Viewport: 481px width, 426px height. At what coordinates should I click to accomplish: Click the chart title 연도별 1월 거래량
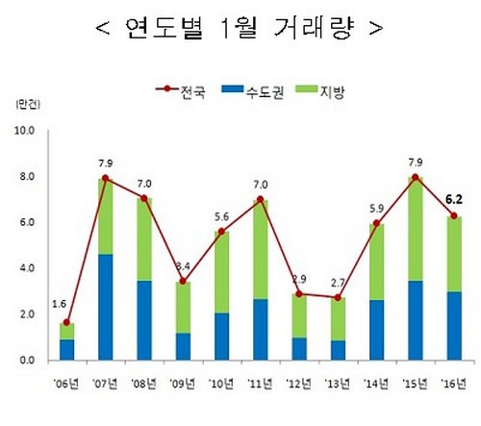click(x=240, y=27)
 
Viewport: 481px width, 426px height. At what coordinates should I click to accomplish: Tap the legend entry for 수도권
click(x=266, y=93)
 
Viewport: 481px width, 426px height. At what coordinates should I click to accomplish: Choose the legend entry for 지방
click(x=336, y=93)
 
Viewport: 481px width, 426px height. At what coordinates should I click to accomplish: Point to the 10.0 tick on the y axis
click(x=25, y=130)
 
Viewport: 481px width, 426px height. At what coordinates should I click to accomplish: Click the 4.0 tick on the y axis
click(x=25, y=268)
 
